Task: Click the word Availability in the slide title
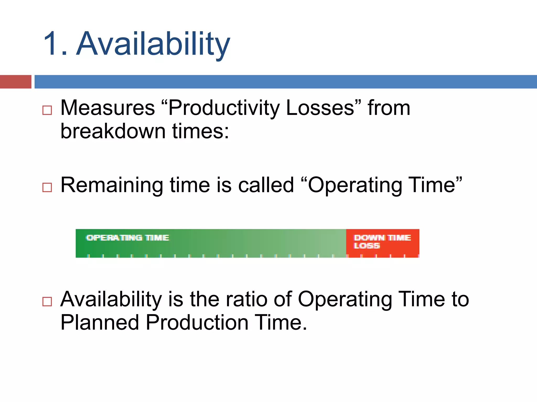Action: (153, 44)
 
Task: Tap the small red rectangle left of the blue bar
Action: (15, 82)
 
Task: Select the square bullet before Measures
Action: (47, 110)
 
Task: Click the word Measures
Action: (108, 108)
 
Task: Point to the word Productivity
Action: (224, 108)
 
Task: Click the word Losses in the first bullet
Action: (320, 108)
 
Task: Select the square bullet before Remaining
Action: (47, 187)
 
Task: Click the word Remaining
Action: (112, 185)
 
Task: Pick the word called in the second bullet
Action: (266, 185)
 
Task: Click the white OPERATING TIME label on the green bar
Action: (128, 238)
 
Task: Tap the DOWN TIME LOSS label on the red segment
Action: (382, 241)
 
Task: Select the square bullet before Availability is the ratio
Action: (47, 301)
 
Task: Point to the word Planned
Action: (100, 322)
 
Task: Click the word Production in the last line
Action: (197, 322)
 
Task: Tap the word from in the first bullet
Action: (389, 108)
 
